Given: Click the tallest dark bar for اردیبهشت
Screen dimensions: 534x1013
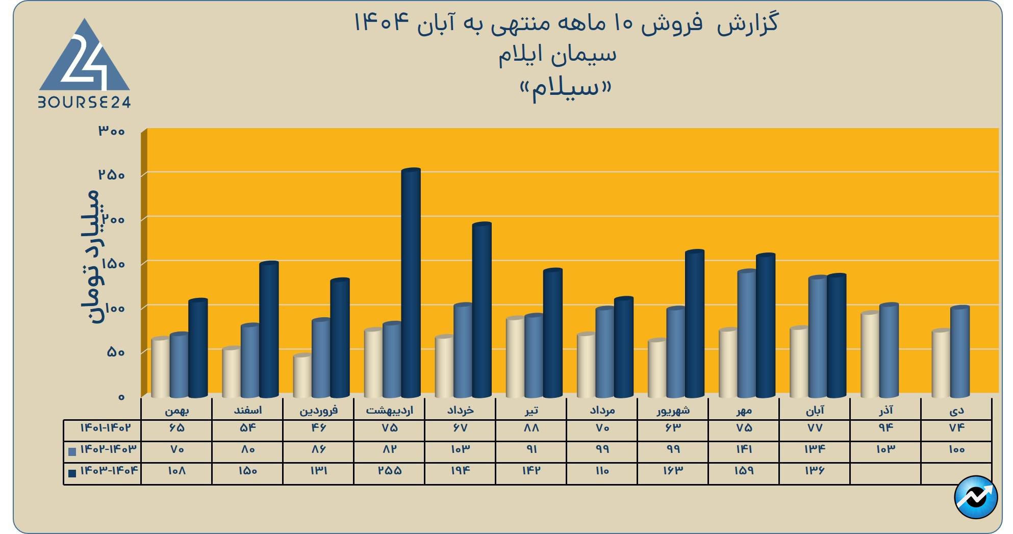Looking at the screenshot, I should point(411,283).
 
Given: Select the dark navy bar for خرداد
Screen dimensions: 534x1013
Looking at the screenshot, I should point(482,310).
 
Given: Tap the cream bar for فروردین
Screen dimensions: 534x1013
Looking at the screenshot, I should point(302,376).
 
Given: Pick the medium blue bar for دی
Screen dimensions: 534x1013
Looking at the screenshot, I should point(959,352).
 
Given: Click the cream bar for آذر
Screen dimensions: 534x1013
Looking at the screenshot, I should point(870,354).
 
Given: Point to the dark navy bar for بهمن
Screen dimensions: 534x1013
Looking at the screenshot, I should point(198,348).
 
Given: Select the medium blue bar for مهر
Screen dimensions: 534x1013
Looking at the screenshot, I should point(747,334).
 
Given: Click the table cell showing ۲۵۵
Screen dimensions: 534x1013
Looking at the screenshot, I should point(389,471).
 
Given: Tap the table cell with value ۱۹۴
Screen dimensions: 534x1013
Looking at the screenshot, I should point(460,471).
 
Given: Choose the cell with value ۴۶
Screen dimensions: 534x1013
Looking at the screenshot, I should point(318,428).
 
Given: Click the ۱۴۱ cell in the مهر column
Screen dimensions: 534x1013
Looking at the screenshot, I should point(744,449).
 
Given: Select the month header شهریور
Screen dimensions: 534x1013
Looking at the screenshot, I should point(673,410).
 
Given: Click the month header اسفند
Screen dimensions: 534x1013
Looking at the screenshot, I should point(247,410).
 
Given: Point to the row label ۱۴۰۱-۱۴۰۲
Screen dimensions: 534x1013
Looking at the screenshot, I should point(105,428).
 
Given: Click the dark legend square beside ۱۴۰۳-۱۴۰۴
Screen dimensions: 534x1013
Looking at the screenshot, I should point(72,473).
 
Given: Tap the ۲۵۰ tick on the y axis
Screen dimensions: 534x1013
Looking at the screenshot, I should point(112,175).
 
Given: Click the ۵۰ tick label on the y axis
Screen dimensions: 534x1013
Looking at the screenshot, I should point(116,352).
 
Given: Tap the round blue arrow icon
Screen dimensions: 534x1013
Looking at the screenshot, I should point(975,497).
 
